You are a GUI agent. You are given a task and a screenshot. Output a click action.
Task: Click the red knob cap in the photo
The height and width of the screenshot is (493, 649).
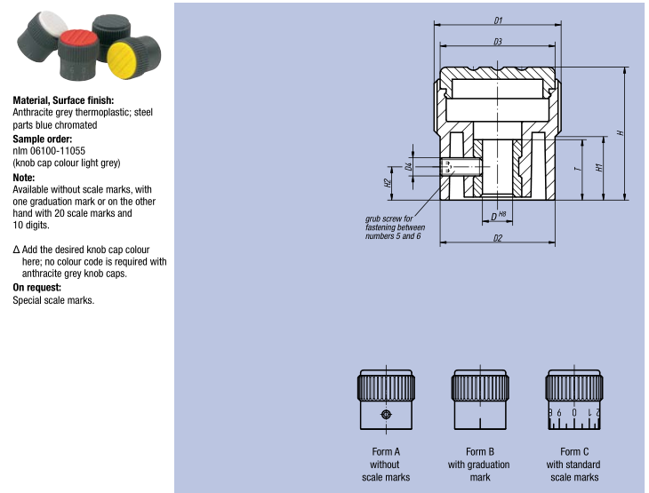[x=78, y=40]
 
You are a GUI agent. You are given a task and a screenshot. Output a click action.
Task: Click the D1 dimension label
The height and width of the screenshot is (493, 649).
[x=499, y=20]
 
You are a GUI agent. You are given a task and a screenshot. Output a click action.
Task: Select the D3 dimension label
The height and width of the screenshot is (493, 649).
[x=498, y=42]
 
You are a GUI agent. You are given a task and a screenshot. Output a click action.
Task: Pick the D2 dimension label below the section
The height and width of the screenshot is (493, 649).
[x=498, y=238]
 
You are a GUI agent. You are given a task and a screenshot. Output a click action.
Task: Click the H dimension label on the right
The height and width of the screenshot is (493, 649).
[x=620, y=132]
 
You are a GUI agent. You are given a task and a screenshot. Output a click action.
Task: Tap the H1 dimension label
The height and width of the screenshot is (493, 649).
[x=598, y=168]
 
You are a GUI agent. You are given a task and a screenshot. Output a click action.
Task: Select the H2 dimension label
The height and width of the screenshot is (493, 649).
[x=388, y=183]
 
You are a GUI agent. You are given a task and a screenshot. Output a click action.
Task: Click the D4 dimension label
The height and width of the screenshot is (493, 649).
[x=409, y=166]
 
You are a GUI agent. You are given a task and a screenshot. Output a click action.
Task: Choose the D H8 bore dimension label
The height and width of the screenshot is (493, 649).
[x=498, y=216]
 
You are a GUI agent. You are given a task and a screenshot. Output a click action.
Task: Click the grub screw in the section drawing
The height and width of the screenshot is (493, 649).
[x=461, y=167]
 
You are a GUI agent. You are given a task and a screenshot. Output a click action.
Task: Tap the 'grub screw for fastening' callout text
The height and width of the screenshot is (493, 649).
[x=395, y=227]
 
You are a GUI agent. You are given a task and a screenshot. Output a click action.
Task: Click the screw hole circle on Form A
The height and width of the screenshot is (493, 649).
[x=386, y=415]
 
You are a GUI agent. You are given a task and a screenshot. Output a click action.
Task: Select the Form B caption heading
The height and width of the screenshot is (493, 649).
[x=480, y=451]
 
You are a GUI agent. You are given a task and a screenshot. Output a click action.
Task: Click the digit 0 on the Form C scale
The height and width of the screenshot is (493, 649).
[x=574, y=412]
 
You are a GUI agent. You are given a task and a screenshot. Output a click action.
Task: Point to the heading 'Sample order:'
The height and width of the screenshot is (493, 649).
[x=42, y=139]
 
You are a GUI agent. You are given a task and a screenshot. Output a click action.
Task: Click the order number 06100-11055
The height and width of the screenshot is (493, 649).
[x=58, y=151]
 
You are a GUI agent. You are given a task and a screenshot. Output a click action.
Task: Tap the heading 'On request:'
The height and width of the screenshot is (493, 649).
[x=36, y=288]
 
